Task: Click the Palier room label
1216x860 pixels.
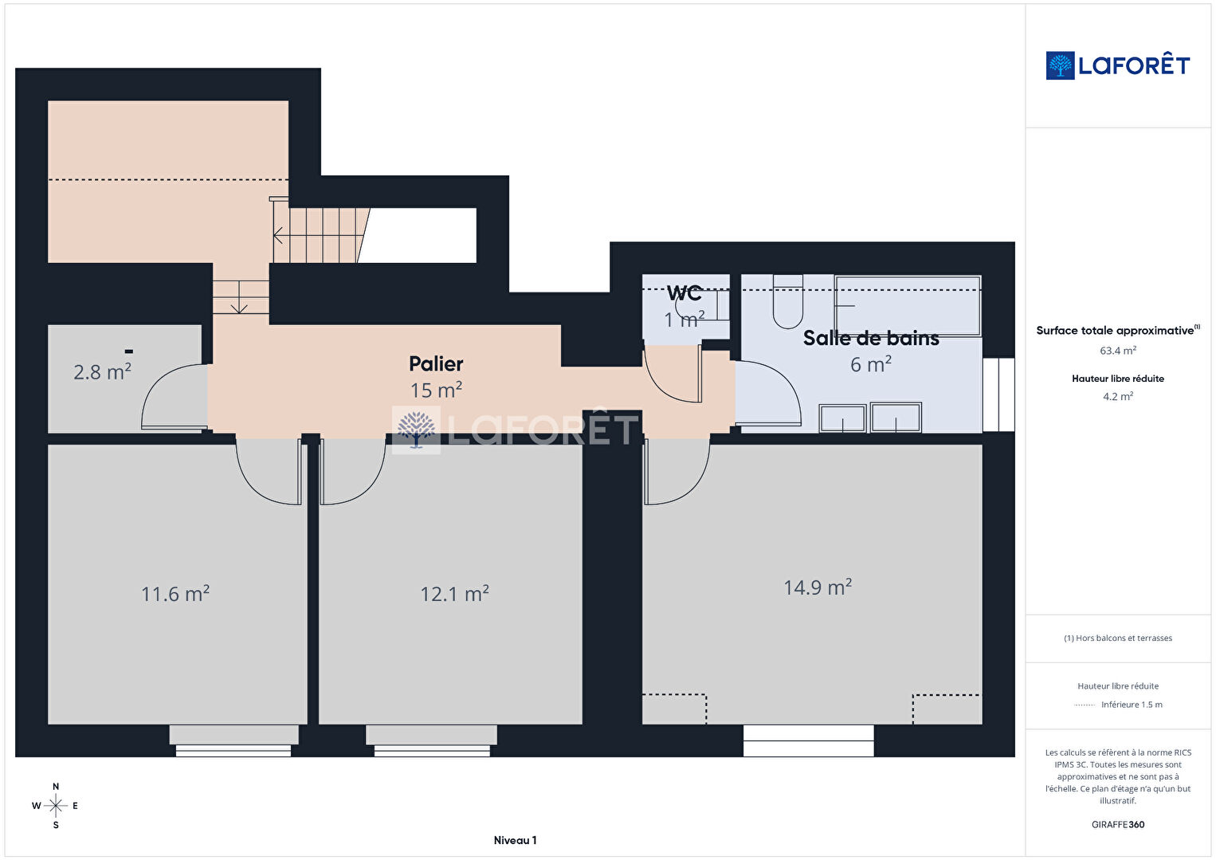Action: click(436, 363)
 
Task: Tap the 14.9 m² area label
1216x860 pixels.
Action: click(818, 587)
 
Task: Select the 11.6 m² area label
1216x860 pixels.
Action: click(175, 594)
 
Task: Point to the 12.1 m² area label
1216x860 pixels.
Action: click(455, 594)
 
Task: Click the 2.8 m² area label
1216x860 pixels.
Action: click(102, 372)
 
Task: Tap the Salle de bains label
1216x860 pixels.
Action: click(871, 338)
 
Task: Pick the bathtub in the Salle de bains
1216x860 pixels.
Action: click(908, 306)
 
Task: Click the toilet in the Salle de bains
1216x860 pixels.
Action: click(787, 302)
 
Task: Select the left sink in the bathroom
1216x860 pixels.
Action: click(842, 418)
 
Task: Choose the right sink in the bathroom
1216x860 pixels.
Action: click(896, 418)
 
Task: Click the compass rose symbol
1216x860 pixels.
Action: click(55, 806)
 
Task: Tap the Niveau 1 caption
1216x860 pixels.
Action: click(515, 840)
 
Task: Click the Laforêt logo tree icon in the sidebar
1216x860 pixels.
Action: click(1060, 65)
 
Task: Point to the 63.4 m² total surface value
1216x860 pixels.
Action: click(1118, 351)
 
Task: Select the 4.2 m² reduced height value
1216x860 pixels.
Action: click(1118, 396)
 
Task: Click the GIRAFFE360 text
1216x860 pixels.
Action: click(1118, 824)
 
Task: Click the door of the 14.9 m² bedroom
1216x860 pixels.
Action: click(676, 471)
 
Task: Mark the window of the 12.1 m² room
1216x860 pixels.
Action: click(432, 740)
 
